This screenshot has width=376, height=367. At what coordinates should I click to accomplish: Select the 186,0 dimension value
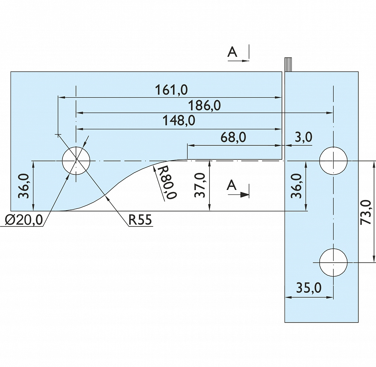tap(204, 106)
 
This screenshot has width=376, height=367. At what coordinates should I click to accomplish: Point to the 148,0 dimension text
tap(179, 121)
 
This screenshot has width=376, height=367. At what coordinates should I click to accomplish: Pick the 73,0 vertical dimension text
tap(366, 213)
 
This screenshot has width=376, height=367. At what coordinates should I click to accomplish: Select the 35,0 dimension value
tap(309, 288)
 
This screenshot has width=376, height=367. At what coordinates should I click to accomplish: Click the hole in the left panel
tap(76, 161)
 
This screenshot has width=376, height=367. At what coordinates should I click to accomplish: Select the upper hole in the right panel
tap(333, 161)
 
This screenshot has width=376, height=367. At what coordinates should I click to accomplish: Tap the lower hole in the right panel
tap(333, 262)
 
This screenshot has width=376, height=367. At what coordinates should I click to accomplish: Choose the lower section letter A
tap(233, 185)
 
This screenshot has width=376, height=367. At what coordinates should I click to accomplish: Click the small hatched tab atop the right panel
tap(288, 64)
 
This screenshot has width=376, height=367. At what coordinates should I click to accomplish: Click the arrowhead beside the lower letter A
tap(245, 194)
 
